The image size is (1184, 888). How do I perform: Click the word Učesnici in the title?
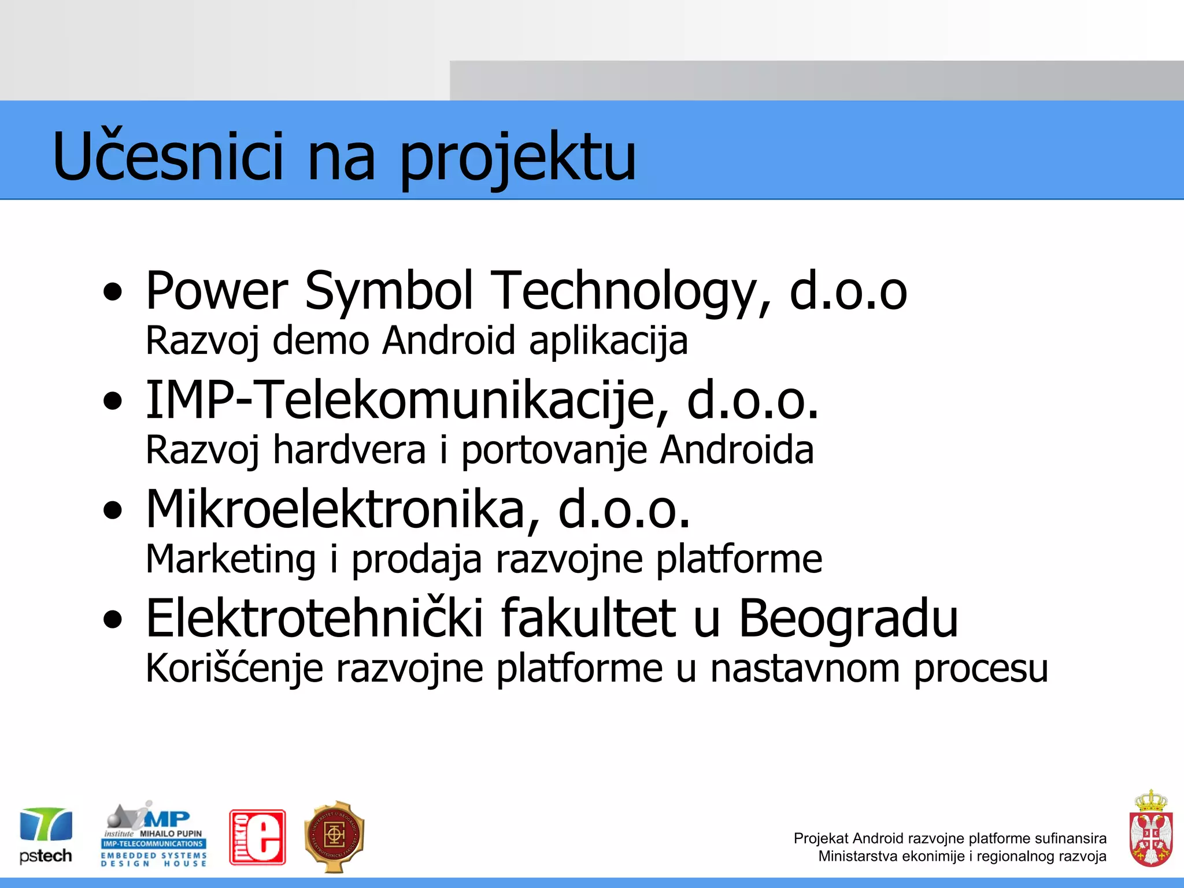pyautogui.click(x=168, y=156)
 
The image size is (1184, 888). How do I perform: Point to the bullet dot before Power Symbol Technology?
pyautogui.click(x=113, y=292)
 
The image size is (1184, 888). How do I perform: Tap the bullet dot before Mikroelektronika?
pyautogui.click(x=113, y=510)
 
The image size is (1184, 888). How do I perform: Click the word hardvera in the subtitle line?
pyautogui.click(x=349, y=450)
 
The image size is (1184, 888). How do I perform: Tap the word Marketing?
pyautogui.click(x=231, y=559)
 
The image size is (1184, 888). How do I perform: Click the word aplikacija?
pyautogui.click(x=608, y=341)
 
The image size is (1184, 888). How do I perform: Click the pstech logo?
pyautogui.click(x=46, y=835)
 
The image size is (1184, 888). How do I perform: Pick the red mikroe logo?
pyautogui.click(x=257, y=837)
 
